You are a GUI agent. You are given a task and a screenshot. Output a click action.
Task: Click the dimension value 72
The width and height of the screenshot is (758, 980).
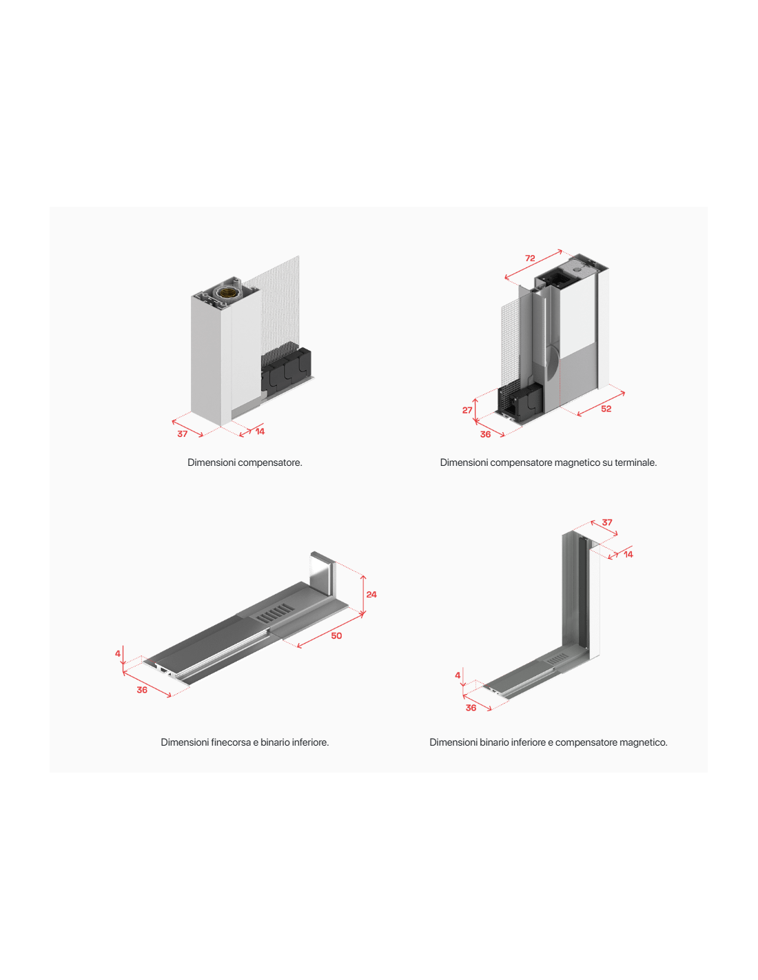530,258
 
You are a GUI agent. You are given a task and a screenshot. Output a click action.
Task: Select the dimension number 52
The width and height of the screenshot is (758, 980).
606,409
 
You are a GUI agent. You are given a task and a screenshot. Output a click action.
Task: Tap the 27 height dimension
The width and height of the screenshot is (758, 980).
467,410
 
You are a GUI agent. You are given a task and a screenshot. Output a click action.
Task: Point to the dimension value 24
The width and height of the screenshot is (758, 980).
371,594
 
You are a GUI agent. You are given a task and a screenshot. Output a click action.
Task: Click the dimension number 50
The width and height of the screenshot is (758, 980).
336,636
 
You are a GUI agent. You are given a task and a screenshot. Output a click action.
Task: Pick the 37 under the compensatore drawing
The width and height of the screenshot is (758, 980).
182,434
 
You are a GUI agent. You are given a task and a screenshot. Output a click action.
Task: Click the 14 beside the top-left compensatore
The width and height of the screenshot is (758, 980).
260,431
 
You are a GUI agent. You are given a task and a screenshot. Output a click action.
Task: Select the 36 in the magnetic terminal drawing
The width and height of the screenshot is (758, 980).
485,434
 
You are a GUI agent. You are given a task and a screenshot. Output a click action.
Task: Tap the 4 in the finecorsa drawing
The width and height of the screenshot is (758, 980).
118,653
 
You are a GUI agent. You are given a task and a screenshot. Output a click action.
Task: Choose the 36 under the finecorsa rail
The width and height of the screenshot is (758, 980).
142,690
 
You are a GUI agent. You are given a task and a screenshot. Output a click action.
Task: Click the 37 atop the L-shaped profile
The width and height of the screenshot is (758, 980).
607,522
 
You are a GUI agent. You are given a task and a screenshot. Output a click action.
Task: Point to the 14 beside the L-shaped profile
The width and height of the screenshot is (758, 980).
628,554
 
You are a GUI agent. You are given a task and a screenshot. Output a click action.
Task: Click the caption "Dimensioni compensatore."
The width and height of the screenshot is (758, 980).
245,462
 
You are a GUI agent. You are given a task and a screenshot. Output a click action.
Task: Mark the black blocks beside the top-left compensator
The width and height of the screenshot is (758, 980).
286,369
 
